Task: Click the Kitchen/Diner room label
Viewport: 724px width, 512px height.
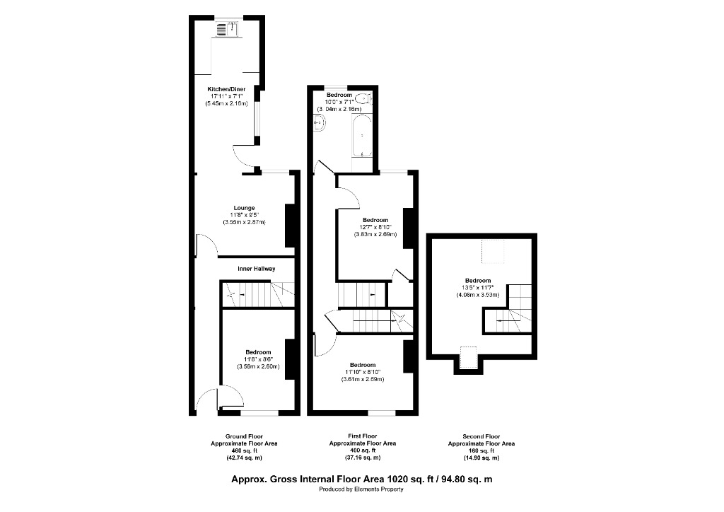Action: pyautogui.click(x=226, y=89)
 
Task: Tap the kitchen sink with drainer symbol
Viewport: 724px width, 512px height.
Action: pyautogui.click(x=227, y=28)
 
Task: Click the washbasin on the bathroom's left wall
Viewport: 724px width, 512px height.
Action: pyautogui.click(x=319, y=123)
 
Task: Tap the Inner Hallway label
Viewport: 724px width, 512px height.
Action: pyautogui.click(x=257, y=269)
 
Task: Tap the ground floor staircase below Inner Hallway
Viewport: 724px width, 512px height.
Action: pyautogui.click(x=257, y=293)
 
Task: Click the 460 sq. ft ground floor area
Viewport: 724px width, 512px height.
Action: pyautogui.click(x=244, y=450)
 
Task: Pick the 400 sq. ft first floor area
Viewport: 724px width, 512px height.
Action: pyautogui.click(x=362, y=450)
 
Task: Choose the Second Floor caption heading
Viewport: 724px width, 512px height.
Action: pyautogui.click(x=481, y=436)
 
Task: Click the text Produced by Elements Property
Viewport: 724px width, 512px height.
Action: pyautogui.click(x=362, y=489)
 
